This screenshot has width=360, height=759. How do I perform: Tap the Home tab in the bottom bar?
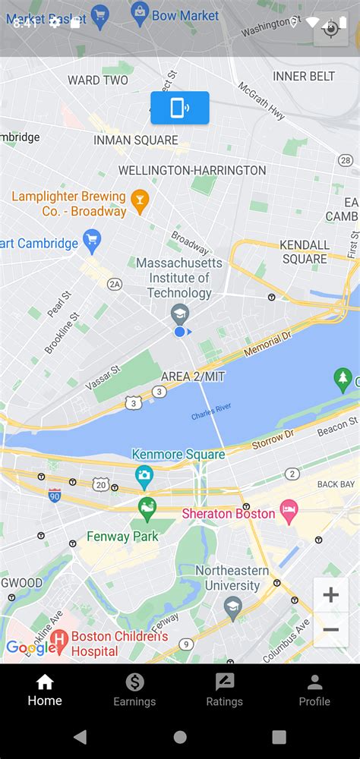coord(45,690)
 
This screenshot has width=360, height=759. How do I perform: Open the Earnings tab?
coord(134,690)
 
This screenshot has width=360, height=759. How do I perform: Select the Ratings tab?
coord(225,690)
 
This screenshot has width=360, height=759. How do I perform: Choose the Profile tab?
coord(314,690)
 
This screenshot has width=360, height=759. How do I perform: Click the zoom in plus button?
coord(330,595)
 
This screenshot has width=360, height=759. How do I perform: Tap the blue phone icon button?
coord(180,108)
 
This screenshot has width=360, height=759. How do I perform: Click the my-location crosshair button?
coord(330,29)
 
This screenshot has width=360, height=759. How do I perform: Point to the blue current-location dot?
coord(180,332)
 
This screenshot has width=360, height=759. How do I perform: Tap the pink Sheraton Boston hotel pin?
coord(289,512)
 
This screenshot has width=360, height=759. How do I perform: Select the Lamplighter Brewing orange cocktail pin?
coord(139,200)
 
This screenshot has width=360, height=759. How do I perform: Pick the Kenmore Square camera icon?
coord(144,477)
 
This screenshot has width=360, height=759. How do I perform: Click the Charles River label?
coord(210,415)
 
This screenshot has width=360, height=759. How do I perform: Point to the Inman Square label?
coord(136,140)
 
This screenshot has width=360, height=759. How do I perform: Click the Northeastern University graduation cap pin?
coord(232,606)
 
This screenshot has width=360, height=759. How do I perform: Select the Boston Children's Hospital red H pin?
coord(59,642)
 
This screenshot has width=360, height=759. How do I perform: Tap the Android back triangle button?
coord(80,737)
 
